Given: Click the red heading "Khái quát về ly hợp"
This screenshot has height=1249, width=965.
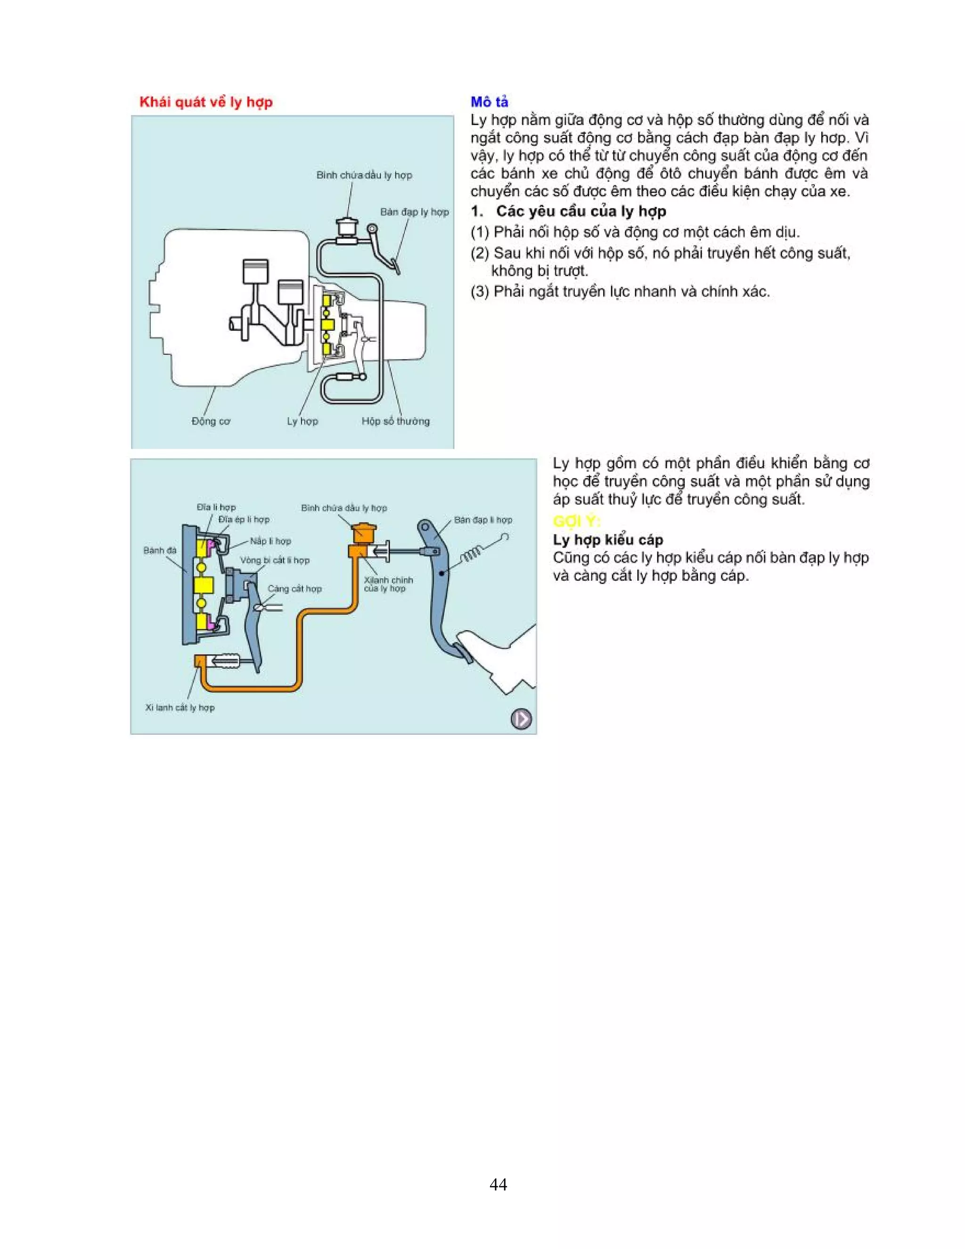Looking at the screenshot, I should (x=206, y=102).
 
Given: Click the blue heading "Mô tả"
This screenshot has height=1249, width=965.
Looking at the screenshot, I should (x=489, y=102).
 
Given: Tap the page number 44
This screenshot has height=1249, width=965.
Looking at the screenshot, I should (x=498, y=1184).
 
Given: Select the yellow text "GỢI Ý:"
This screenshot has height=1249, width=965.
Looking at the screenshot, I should (x=576, y=521).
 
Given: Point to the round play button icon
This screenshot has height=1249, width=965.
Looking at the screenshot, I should (x=520, y=718).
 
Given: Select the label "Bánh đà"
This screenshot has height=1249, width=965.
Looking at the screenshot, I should (x=160, y=550).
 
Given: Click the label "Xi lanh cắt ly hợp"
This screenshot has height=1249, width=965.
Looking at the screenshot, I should (x=180, y=707).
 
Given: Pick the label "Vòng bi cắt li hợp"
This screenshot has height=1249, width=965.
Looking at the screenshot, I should (x=274, y=560).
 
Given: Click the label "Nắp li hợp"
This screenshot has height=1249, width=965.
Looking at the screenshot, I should (x=270, y=541).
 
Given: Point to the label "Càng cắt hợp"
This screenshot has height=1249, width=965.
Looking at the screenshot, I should (x=294, y=589).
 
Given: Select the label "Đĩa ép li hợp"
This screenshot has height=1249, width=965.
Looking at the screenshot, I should (x=244, y=519).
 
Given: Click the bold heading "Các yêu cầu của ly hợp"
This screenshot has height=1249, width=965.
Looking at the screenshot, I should (x=581, y=212).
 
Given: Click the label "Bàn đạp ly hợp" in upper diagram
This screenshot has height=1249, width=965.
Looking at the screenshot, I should (x=415, y=212).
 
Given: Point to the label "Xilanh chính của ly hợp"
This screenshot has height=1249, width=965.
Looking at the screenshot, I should (x=388, y=584).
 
